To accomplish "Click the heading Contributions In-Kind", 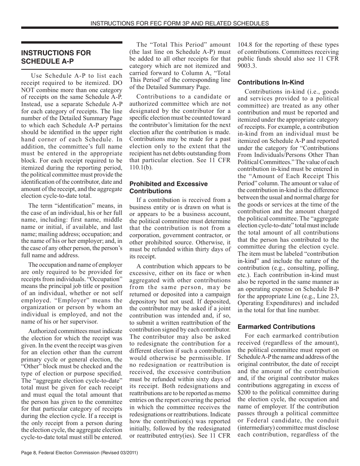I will pos(271,82).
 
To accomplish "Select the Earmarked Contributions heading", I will pos(276,327).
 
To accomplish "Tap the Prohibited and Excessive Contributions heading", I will pos(169,187).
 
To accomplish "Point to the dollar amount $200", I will pos(245,393).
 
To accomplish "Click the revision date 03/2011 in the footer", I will pos(127,453).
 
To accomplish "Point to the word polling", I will pos(327,268).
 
